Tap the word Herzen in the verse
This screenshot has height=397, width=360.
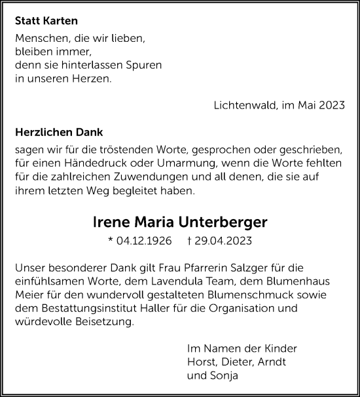click(75, 80)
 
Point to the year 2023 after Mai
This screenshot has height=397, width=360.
click(331, 105)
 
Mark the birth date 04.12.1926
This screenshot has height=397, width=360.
click(143, 241)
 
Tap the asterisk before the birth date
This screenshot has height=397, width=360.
click(111, 239)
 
